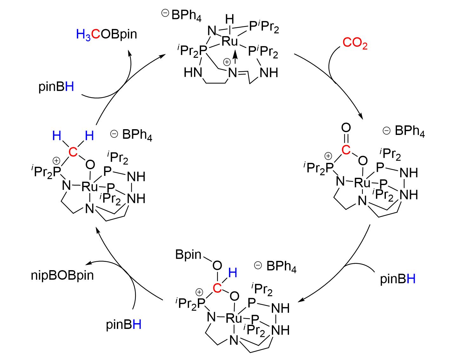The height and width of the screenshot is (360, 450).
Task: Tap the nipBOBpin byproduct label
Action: pyautogui.click(x=63, y=275)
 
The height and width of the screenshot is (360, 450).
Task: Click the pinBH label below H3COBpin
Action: pyautogui.click(x=57, y=87)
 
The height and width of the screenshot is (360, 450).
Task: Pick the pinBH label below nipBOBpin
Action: pyautogui.click(x=124, y=325)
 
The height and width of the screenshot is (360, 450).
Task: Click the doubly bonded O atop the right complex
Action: pyautogui.click(x=346, y=128)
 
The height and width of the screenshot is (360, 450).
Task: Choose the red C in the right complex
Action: pyautogui.click(x=346, y=150)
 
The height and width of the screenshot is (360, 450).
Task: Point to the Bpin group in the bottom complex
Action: pyautogui.click(x=188, y=255)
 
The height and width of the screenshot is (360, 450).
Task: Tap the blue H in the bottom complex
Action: pyautogui.click(x=233, y=273)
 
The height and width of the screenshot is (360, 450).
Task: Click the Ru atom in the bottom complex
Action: pyautogui.click(x=234, y=318)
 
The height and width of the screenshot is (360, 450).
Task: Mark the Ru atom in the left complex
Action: pyautogui.click(x=90, y=187)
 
